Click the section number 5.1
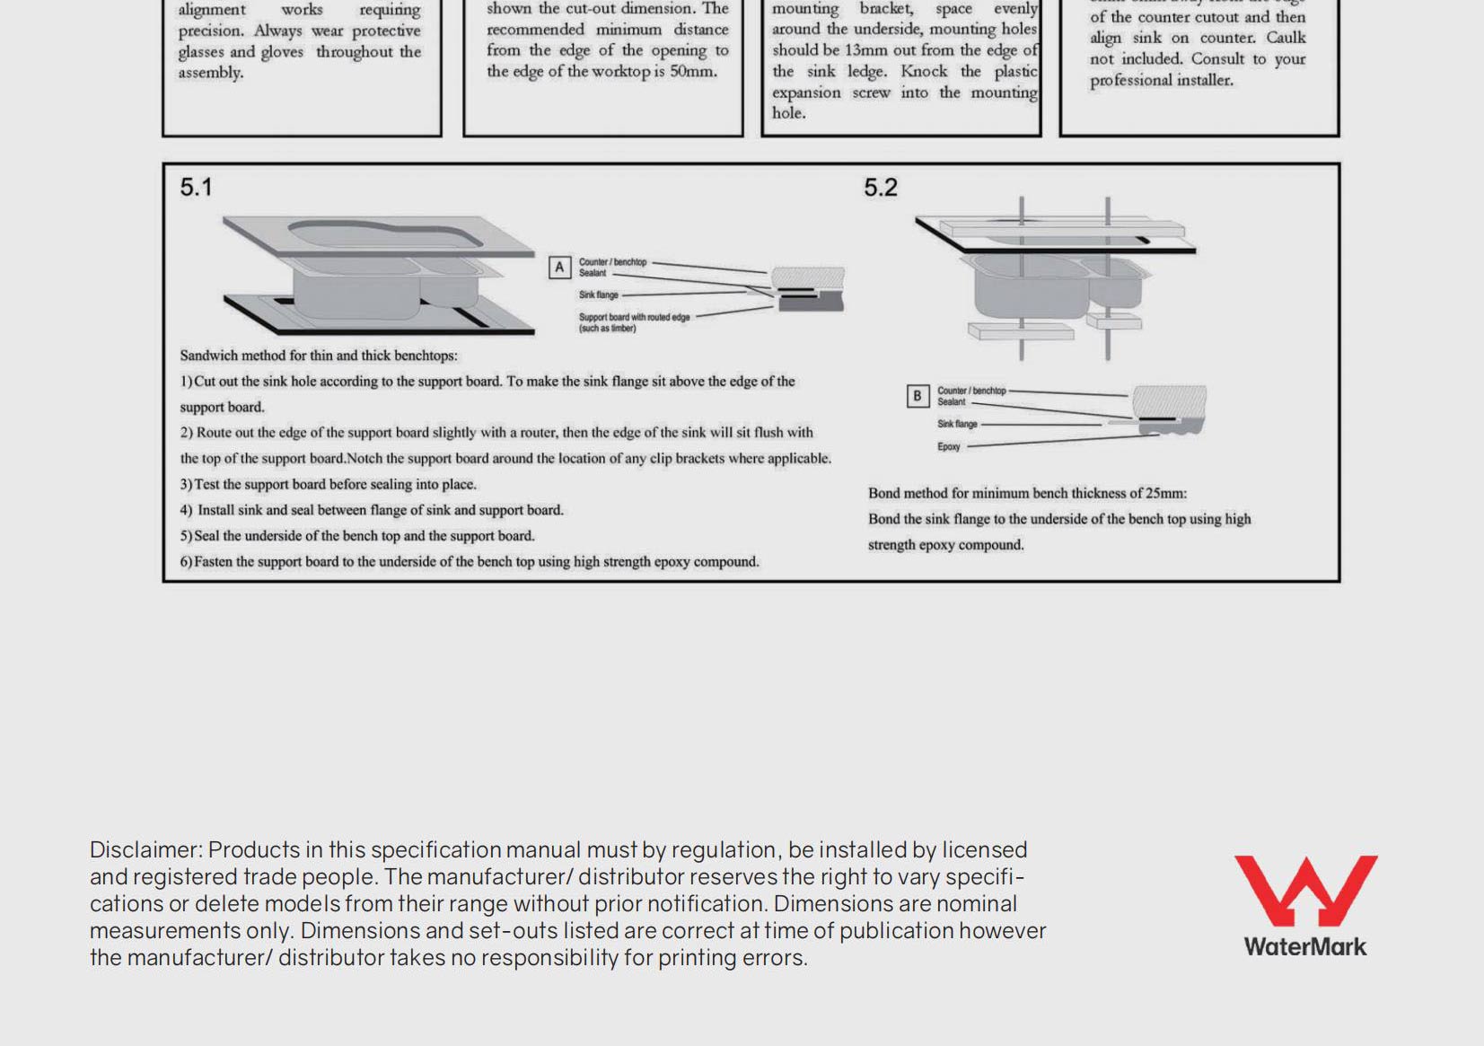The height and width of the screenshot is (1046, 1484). [196, 188]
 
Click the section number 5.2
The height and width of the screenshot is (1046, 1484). [880, 188]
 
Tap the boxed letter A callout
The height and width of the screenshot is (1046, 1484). [559, 268]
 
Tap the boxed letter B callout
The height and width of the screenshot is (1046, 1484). [917, 396]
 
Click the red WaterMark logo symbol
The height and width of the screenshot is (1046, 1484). [1305, 889]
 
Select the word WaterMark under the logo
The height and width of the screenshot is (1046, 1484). [1304, 947]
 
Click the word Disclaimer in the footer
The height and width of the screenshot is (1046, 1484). [145, 850]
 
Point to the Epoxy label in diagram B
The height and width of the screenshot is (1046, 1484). [949, 447]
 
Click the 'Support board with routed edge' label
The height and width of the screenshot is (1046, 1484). [634, 318]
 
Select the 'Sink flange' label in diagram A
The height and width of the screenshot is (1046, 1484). [599, 295]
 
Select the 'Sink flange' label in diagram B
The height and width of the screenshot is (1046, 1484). [957, 425]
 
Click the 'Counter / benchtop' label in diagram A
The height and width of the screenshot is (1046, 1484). [612, 262]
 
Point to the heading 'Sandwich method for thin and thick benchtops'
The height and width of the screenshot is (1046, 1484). [319, 356]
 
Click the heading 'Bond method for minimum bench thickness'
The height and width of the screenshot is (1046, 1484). [1027, 494]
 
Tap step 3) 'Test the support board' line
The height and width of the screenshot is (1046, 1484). [328, 485]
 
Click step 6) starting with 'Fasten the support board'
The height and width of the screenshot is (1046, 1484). [469, 562]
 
